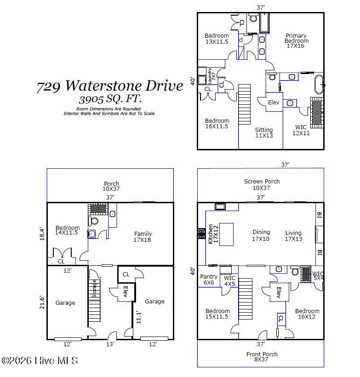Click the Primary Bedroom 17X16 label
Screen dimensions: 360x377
296,40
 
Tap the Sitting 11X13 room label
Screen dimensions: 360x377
264,132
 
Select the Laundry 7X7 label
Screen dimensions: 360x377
211,76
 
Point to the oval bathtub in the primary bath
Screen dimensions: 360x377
319,85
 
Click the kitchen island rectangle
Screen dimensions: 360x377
226,234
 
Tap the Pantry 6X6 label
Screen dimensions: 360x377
209,280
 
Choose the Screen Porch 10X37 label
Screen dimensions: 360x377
262,184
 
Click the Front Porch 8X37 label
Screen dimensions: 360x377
262,357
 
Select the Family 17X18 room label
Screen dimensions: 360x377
143,237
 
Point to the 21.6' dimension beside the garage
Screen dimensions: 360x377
42,302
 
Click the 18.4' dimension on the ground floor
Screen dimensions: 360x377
42,234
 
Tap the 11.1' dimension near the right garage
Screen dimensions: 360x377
138,317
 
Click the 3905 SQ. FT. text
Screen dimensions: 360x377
110,99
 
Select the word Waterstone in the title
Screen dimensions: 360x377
104,86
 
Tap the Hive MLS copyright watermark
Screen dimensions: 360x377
40,360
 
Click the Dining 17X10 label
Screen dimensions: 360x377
261,235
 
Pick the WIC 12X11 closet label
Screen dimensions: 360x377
301,130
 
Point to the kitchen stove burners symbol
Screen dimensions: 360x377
201,234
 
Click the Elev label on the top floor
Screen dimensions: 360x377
274,103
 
